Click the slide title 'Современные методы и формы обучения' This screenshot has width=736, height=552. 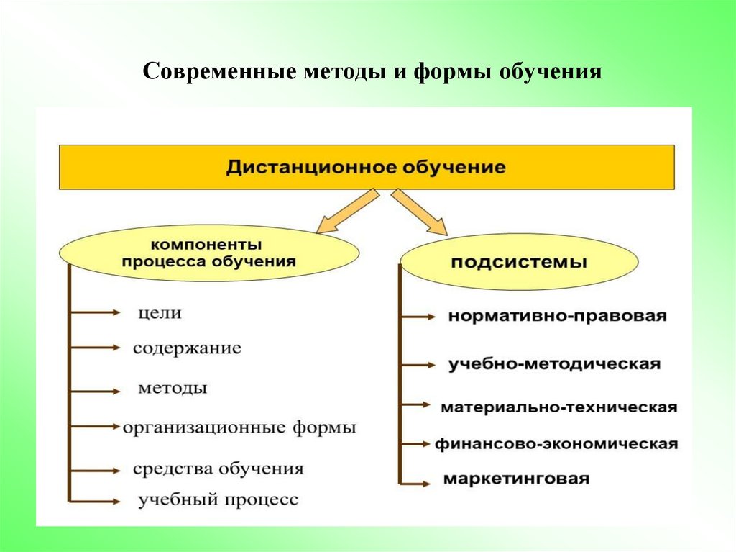click(372, 73)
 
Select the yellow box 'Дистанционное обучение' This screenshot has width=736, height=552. click(367, 167)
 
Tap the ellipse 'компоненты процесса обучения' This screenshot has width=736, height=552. click(208, 253)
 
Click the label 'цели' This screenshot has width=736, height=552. click(160, 313)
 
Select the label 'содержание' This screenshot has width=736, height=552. click(187, 348)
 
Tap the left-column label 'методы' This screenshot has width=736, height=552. click(172, 388)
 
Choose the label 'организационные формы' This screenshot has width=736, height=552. click(239, 427)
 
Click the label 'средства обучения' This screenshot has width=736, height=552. click(218, 469)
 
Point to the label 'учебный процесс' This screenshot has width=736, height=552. click(218, 499)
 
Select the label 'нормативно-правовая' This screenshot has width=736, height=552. click(558, 316)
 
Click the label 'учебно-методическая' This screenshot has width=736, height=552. click(554, 363)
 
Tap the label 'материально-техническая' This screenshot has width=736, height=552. click(558, 407)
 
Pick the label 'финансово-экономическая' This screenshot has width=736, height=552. click(556, 443)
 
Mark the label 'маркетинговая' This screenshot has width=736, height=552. click(516, 479)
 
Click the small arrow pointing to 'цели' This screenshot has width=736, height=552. click(96, 312)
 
